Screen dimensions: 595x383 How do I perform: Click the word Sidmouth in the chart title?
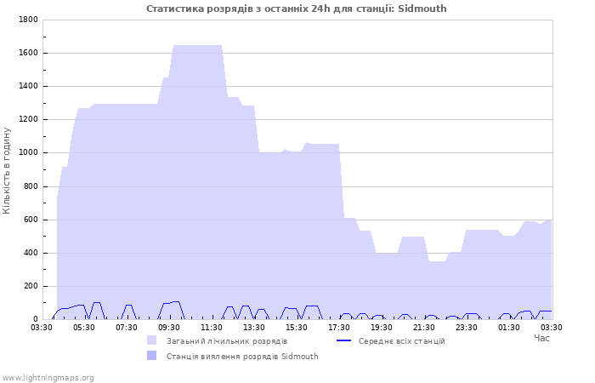422,9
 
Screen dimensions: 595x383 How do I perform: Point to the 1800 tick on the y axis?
28,20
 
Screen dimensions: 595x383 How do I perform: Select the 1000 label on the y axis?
28,152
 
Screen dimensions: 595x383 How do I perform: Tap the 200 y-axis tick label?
31,286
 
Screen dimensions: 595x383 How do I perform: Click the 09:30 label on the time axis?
169,328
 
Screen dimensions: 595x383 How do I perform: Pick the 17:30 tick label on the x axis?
339,328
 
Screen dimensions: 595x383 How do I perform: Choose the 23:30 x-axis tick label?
467,328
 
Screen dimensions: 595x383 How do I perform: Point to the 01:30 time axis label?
509,328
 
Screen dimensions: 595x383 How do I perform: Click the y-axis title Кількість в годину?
7,170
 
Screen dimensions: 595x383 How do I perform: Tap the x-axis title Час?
542,338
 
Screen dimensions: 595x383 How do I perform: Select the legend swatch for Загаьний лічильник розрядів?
152,340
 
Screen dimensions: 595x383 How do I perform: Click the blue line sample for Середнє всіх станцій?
343,340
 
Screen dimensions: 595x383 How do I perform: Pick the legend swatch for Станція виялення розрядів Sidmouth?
152,356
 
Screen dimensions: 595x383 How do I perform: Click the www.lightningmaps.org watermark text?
48,378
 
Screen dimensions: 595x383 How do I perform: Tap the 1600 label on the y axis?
28,53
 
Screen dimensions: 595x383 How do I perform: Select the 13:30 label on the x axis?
254,328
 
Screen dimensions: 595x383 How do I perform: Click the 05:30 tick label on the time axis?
84,328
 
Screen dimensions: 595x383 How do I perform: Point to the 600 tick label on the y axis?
31,220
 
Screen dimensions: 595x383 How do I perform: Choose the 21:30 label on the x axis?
424,328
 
